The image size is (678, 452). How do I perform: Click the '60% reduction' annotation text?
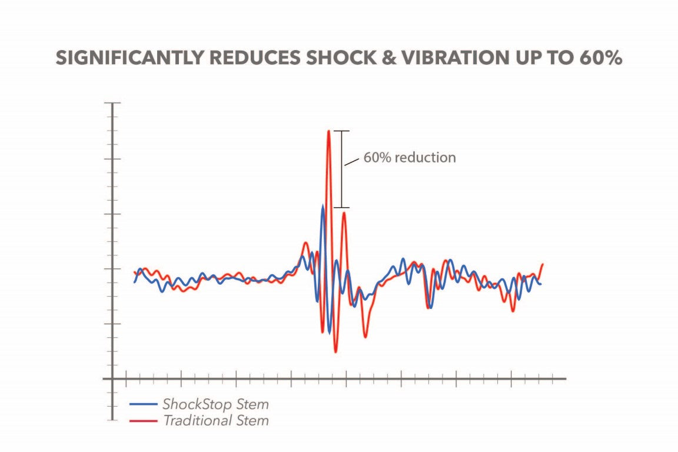410,158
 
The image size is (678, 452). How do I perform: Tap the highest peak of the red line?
328,131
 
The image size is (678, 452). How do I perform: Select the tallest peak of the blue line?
322,205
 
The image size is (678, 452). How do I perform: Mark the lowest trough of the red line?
335,352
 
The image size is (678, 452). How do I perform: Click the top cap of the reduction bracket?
341,131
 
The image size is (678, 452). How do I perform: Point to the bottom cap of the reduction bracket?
341,208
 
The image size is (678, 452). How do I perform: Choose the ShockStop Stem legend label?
215,405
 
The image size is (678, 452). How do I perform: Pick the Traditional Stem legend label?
215,421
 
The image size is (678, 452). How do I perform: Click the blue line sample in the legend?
143,405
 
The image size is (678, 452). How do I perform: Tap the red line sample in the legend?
143,421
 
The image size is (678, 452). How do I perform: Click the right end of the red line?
542,264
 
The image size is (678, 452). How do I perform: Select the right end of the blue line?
541,284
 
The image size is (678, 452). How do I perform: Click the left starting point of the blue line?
134,282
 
